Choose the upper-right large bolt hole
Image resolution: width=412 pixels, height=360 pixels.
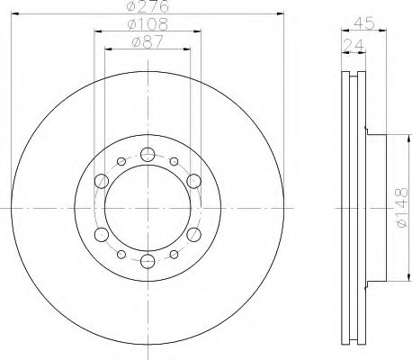click(x=193, y=182)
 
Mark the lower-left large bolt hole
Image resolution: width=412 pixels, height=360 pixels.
click(x=102, y=235)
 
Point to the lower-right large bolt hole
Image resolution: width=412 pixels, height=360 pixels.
click(x=193, y=235)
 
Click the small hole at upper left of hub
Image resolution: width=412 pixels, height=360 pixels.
click(x=121, y=162)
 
